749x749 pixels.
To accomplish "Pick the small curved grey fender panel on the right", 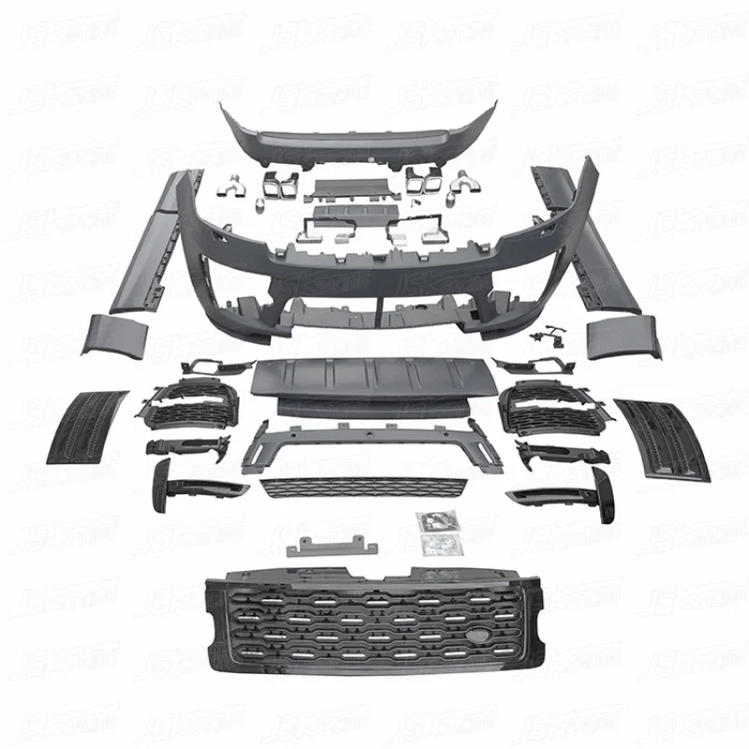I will point(622,337).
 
